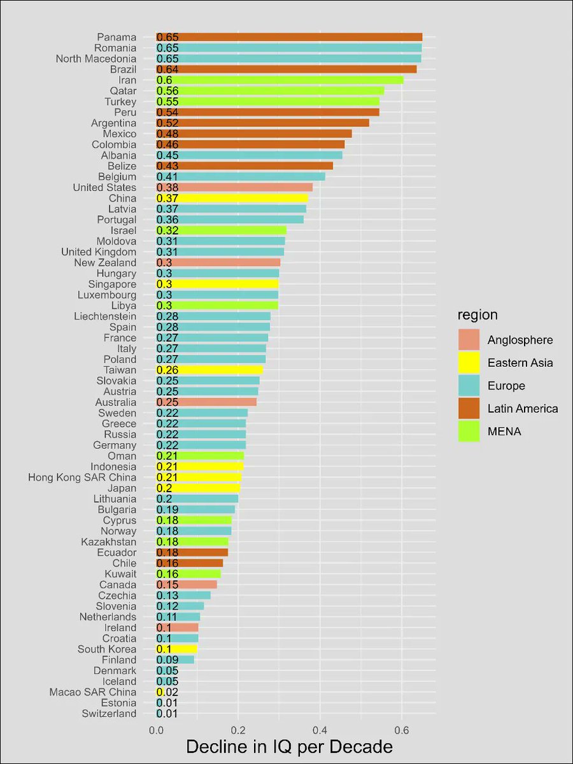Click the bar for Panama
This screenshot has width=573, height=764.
(x=289, y=37)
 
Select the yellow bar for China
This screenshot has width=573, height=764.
(x=232, y=198)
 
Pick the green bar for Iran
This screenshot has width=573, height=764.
(x=279, y=80)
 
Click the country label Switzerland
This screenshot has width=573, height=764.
(x=109, y=714)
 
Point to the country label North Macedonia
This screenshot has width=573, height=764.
(x=96, y=59)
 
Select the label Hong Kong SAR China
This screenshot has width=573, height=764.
(x=82, y=478)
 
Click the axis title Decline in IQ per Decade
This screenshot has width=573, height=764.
(x=289, y=746)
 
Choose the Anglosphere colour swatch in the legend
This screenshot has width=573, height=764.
(x=469, y=340)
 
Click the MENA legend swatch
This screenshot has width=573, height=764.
(x=469, y=432)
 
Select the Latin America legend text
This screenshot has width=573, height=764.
(x=523, y=409)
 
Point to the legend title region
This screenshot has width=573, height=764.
(x=478, y=315)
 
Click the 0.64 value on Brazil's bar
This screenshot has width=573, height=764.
(x=167, y=69)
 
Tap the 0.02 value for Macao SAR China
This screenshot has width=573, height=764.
(x=167, y=692)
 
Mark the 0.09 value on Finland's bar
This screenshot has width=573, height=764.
(x=167, y=660)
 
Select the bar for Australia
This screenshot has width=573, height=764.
(x=206, y=402)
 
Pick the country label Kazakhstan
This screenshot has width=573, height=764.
(x=108, y=542)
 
